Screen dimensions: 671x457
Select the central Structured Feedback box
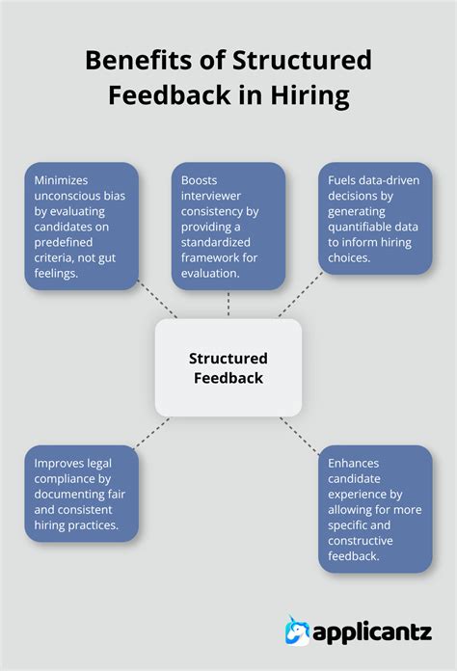click(x=228, y=367)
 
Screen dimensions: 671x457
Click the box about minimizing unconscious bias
click(x=82, y=226)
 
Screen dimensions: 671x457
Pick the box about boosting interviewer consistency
click(x=228, y=226)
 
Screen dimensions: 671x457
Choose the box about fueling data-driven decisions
click(x=375, y=218)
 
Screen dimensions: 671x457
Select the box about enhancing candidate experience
click(x=375, y=508)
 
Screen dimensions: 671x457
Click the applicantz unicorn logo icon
click(x=298, y=631)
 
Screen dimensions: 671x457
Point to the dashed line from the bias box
click(x=157, y=300)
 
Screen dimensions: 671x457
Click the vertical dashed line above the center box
click(x=228, y=305)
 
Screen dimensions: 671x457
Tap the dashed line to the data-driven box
click(x=299, y=296)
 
